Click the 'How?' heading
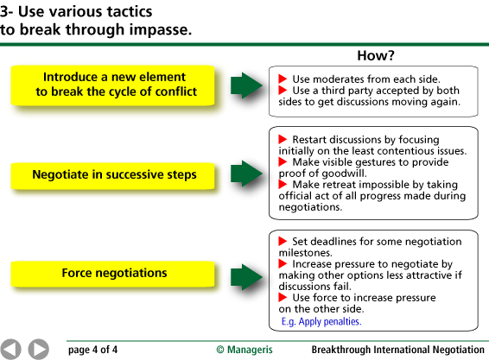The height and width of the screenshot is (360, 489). coord(376,56)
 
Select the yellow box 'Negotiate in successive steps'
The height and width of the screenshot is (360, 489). coord(113,175)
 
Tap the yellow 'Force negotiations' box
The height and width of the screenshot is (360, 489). coord(113,274)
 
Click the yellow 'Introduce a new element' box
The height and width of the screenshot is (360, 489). coord(113,85)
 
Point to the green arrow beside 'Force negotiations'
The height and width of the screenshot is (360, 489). coord(246,277)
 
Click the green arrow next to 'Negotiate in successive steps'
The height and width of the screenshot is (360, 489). coord(246,174)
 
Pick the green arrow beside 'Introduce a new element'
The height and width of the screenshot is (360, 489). coord(246,85)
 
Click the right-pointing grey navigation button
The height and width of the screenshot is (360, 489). coord(39,349)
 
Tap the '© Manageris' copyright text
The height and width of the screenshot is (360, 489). coord(244,350)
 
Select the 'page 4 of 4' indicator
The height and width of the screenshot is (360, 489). coord(92,350)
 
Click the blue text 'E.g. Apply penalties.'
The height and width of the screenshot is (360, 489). coord(321,321)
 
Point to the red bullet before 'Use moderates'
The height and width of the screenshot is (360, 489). coord(283,79)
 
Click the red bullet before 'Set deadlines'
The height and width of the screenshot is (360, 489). coord(283,241)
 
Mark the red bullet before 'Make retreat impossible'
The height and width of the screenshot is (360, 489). coord(283,184)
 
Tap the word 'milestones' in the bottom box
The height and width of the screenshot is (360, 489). coord(305,252)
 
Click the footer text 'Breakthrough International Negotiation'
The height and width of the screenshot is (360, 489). coord(398,350)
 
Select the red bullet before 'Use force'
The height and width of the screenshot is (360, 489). coord(283,297)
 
